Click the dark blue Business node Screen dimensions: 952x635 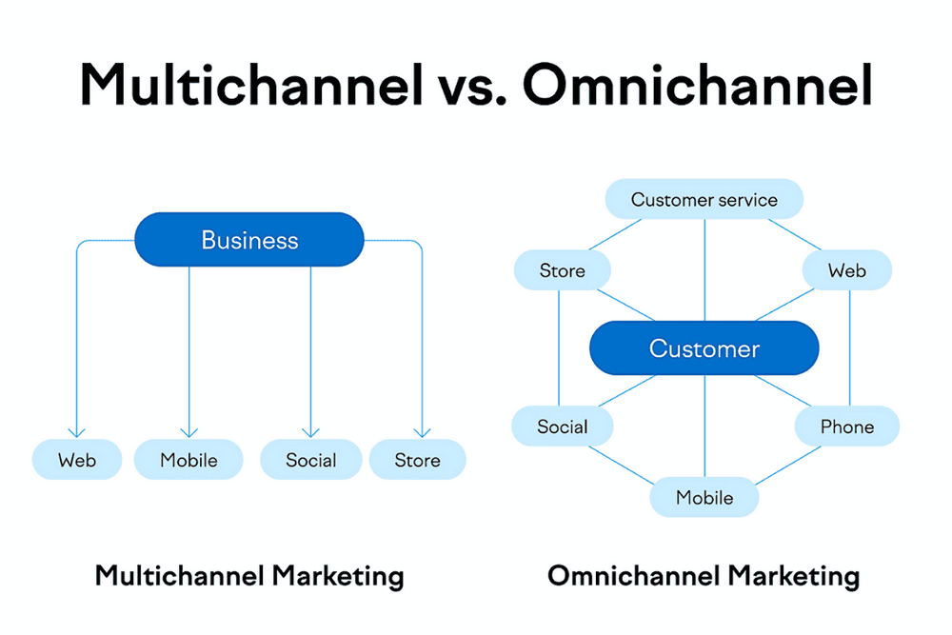coord(248,239)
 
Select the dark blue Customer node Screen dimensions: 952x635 coord(704,347)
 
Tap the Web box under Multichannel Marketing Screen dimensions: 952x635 coord(77,460)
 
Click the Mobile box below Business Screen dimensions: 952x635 coord(188,460)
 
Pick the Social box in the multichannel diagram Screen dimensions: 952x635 coord(311,460)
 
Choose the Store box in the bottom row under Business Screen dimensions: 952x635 coord(418,460)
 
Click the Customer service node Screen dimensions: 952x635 coord(704,199)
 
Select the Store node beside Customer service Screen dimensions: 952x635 coord(563,270)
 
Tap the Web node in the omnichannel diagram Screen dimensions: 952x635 coord(847,270)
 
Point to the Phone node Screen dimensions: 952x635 coord(847,427)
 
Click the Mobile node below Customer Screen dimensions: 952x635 coord(704,497)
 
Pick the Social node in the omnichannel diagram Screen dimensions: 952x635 coord(563,427)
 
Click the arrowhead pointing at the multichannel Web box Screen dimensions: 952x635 coord(76,433)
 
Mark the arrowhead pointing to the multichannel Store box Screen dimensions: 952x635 coord(422,433)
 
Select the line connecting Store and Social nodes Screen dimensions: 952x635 coord(559,347)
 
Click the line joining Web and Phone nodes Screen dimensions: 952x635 coord(849,347)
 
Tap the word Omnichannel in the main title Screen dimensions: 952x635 coord(698,85)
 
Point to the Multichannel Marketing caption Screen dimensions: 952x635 coord(249,576)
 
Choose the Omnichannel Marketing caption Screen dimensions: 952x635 coord(704,576)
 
